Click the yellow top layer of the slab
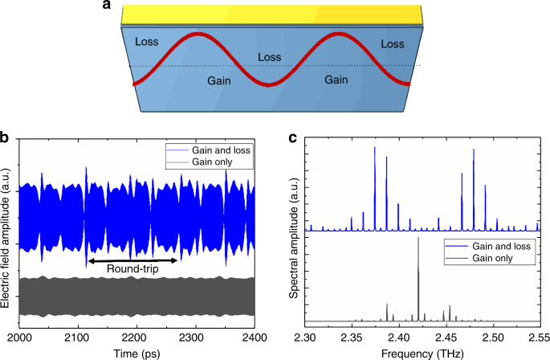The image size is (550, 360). coord(273,14)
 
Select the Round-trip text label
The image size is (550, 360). coord(132,270)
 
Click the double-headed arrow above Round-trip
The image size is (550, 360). coord(132,260)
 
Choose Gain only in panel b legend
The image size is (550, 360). coord(218,163)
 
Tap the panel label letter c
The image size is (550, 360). coord(294,137)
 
